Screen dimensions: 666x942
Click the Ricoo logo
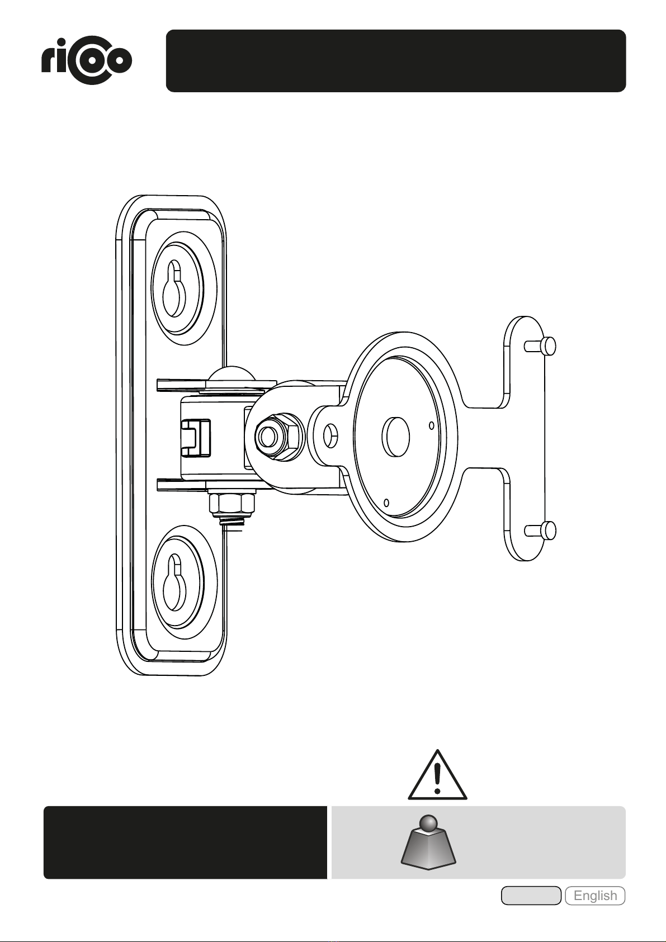87,61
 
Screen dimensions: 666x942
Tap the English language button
595,896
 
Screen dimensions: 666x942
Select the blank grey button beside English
531,896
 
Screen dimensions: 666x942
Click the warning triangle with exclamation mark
437,775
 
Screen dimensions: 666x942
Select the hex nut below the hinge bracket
232,503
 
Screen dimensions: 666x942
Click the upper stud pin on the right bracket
540,346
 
